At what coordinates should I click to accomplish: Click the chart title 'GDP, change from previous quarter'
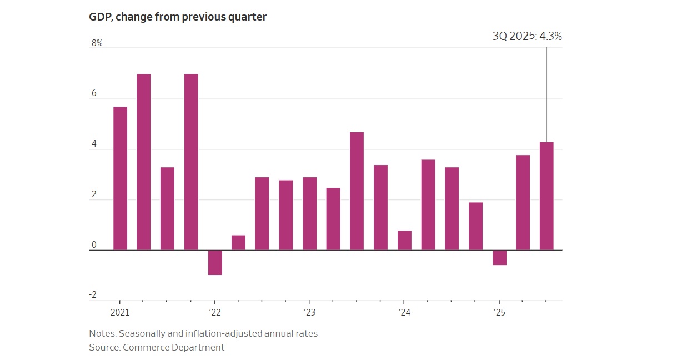click(178, 17)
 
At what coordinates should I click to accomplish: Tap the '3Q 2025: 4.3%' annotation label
click(527, 37)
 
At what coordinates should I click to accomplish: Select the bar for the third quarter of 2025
click(546, 196)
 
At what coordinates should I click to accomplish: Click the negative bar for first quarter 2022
click(215, 262)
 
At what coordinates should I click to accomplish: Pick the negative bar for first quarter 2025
click(499, 257)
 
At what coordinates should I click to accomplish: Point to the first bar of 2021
click(120, 178)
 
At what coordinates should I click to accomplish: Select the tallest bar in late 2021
click(191, 162)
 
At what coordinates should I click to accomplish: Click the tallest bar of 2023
click(357, 191)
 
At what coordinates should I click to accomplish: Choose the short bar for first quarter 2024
click(404, 240)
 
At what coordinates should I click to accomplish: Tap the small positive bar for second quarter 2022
click(238, 242)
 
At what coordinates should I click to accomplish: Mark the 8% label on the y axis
click(97, 43)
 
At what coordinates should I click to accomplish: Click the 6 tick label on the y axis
click(94, 93)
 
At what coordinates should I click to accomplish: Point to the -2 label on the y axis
click(93, 295)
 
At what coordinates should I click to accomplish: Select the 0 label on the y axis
click(94, 245)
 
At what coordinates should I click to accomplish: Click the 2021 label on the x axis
click(120, 312)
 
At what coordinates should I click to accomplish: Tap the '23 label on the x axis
click(309, 312)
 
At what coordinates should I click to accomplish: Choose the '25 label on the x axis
click(499, 312)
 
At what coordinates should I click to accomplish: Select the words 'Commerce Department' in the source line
click(173, 347)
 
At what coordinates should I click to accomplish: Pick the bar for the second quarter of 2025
click(523, 202)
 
